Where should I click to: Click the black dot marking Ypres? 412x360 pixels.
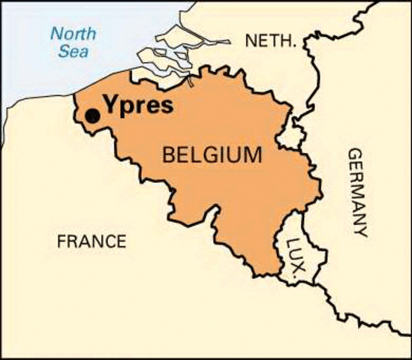(92, 115)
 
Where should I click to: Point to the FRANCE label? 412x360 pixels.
(92, 241)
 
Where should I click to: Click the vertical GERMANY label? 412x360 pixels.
(359, 192)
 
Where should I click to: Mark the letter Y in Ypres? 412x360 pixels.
(108, 104)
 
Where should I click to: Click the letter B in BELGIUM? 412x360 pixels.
(170, 156)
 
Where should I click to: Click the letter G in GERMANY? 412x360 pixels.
(359, 152)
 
